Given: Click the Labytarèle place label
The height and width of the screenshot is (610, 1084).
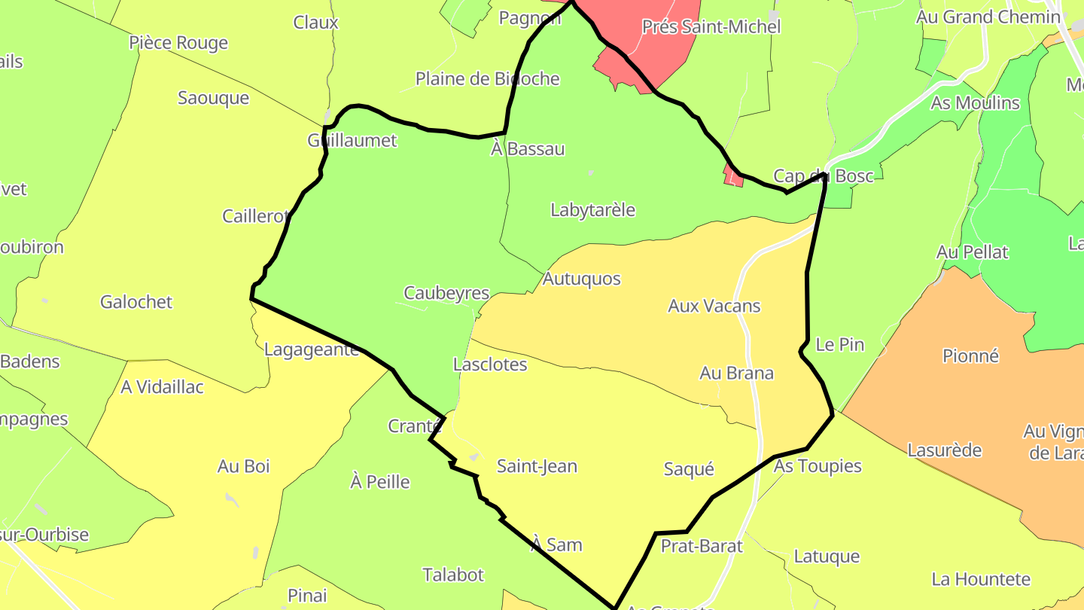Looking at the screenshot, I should coord(592,210).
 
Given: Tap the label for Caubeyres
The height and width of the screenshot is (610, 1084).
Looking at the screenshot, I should coord(446,293).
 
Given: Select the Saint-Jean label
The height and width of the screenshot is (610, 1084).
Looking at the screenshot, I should coord(537,466).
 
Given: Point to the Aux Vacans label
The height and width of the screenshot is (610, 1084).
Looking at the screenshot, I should coord(714,306).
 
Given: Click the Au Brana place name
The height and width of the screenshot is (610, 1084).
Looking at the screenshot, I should coord(736,373).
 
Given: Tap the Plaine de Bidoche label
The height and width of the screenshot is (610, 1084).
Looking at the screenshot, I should coord(487,78).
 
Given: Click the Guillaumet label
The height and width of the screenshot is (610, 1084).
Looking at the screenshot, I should coord(352,141).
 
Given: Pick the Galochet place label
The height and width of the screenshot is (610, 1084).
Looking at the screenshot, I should coord(136,302).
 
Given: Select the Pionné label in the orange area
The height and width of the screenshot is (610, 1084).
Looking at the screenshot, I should coord(970,355).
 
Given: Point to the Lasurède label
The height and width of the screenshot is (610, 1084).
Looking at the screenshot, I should coord(944,450).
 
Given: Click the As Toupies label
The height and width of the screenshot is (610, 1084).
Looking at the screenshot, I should coord(817,465).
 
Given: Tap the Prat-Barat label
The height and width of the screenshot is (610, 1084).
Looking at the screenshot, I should coord(702,546).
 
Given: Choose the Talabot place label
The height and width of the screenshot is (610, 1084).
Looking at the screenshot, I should coord(453,575).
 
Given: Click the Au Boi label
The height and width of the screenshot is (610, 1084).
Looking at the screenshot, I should coord(243,466).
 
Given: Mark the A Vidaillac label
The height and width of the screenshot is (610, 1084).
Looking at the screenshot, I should coord(162,387).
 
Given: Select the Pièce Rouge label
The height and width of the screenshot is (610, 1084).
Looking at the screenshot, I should coord(178,43).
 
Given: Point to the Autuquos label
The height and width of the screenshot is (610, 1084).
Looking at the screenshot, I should coord(581,279).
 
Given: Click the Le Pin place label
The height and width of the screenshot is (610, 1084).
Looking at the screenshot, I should coord(839,345).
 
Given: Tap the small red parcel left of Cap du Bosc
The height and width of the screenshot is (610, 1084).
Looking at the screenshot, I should coord(732,178).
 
